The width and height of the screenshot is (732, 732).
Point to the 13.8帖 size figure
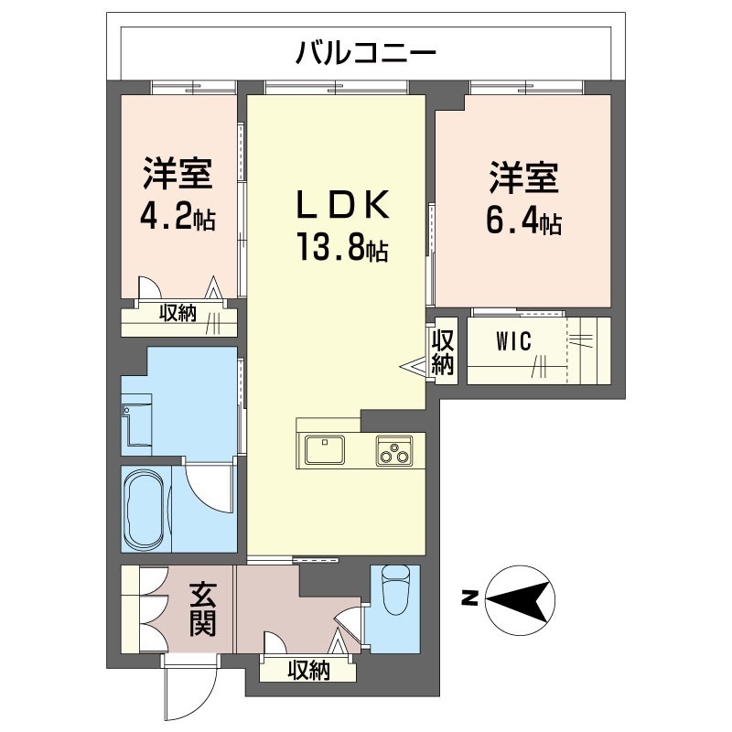[x=340, y=247]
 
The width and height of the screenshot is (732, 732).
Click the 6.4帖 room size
[x=524, y=221]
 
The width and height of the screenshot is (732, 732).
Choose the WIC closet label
[x=513, y=343]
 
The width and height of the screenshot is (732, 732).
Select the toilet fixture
[x=396, y=590]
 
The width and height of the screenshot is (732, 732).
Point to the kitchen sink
[x=323, y=451]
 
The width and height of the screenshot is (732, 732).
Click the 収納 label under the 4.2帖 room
[x=179, y=313]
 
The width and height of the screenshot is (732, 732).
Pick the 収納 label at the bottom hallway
[x=307, y=671]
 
